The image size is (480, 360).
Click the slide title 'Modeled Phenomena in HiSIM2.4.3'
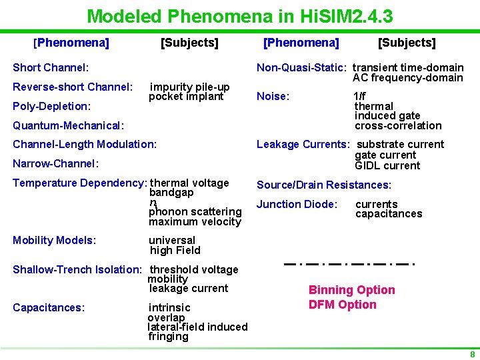click(239, 15)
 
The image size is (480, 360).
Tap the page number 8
click(472, 355)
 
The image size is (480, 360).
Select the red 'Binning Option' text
click(351, 290)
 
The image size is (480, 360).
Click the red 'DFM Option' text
click(342, 305)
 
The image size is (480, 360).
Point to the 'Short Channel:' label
click(51, 67)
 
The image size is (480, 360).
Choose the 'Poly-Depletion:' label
click(52, 106)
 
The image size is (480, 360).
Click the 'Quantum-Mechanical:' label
click(69, 125)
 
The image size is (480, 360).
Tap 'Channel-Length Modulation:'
click(85, 144)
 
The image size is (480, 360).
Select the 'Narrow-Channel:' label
click(56, 163)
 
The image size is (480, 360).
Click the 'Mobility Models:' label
click(55, 240)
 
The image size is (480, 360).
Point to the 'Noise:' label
click(273, 97)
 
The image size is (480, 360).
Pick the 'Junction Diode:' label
click(297, 204)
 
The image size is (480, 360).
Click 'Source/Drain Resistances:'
click(324, 185)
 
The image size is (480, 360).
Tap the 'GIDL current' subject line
click(387, 165)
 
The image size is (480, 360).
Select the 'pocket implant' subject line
click(186, 97)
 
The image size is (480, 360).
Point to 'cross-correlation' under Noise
click(398, 125)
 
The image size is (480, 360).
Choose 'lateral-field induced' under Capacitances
click(197, 327)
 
